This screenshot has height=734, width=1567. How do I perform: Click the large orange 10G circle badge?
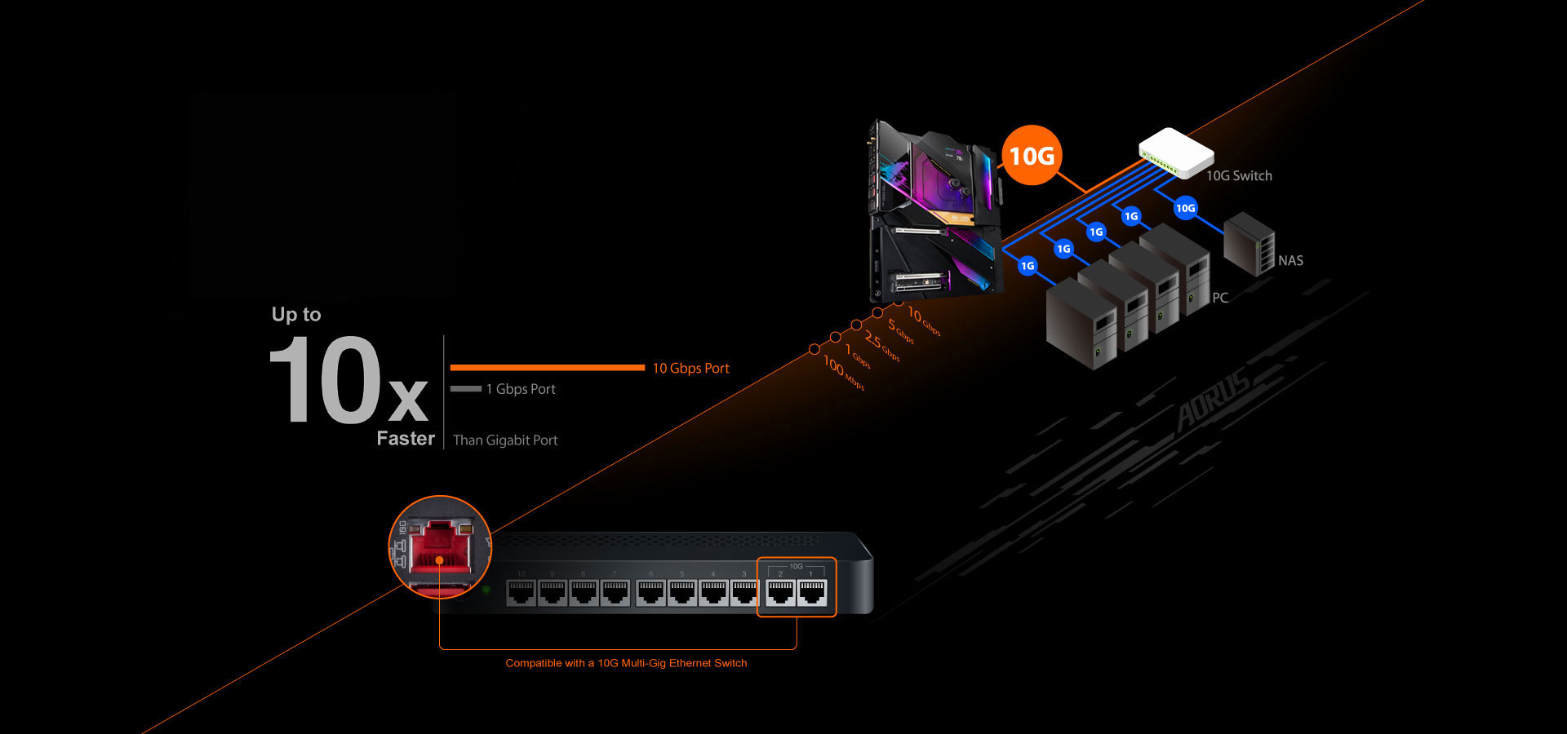coord(1032,155)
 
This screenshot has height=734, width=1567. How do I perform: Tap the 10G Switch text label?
coord(1239,175)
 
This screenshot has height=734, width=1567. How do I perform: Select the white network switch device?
coord(1175,152)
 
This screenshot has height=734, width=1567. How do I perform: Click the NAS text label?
coord(1290,261)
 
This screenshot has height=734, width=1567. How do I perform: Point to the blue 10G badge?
coord(1185,208)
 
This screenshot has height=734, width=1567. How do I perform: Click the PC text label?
coord(1220,298)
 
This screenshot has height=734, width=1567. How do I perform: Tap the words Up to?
coord(296,315)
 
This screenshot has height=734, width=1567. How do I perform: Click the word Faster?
coord(406,439)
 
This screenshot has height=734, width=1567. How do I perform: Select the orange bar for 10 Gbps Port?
coord(547,368)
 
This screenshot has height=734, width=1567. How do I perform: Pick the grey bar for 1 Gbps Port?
coord(466,389)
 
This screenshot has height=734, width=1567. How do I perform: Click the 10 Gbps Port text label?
coord(690,369)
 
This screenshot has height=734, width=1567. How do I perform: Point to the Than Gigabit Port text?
coord(505,440)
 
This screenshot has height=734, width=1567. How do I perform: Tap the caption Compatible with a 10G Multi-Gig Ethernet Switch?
coord(626,663)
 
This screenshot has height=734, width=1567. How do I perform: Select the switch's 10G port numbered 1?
coord(811,593)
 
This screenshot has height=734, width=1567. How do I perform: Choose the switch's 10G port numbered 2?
coord(780,593)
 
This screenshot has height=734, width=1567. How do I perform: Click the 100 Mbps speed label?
coord(843,373)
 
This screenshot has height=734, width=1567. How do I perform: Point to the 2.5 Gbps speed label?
coord(881,347)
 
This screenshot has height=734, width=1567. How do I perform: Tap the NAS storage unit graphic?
coord(1248,243)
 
